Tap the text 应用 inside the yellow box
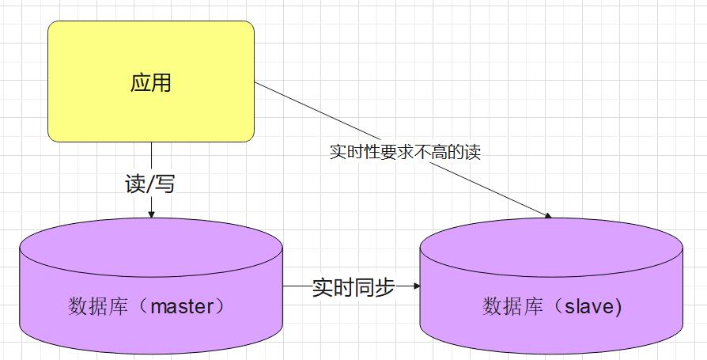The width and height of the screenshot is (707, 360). pyautogui.click(x=150, y=82)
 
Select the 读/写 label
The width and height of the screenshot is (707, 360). pyautogui.click(x=150, y=184)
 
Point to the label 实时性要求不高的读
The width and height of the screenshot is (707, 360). pyautogui.click(x=405, y=152)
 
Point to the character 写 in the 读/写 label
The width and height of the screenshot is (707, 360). pyautogui.click(x=165, y=184)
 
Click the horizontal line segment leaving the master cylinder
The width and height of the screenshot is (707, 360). pyautogui.click(x=296, y=286)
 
